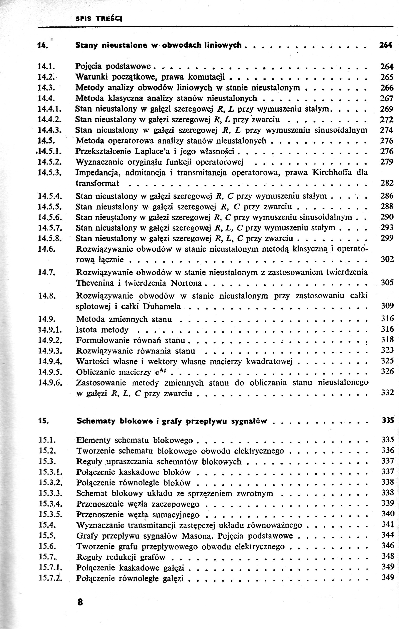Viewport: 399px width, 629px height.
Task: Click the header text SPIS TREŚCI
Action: tap(99, 19)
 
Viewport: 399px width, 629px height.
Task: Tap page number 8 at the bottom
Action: tap(80, 602)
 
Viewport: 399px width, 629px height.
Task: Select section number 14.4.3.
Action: tap(50, 130)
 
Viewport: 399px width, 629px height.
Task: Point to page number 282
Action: tap(387, 183)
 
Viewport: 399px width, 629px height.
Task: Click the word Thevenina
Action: tap(95, 283)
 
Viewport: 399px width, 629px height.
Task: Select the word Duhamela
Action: tap(162, 306)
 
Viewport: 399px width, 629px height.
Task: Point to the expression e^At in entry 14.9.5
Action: tap(161, 372)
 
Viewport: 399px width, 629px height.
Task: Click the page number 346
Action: tap(388, 546)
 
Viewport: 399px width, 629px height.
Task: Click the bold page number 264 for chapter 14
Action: tap(386, 45)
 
